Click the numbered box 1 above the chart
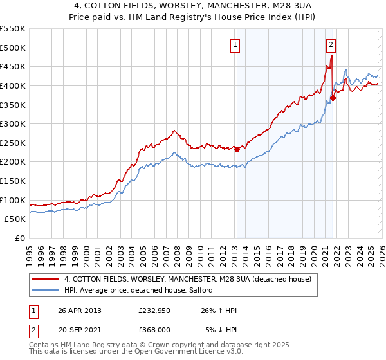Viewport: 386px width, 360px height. pyautogui.click(x=235, y=45)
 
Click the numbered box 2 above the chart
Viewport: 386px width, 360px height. pyautogui.click(x=331, y=45)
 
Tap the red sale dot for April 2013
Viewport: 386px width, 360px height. pyautogui.click(x=236, y=150)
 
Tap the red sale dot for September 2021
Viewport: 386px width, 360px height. pyautogui.click(x=333, y=98)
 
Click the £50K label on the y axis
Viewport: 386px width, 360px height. pyautogui.click(x=15, y=219)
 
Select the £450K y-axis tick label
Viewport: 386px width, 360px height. pyautogui.click(x=13, y=66)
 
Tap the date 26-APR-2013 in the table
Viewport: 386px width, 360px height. pyautogui.click(x=79, y=310)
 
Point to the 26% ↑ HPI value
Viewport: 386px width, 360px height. pyautogui.click(x=219, y=310)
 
